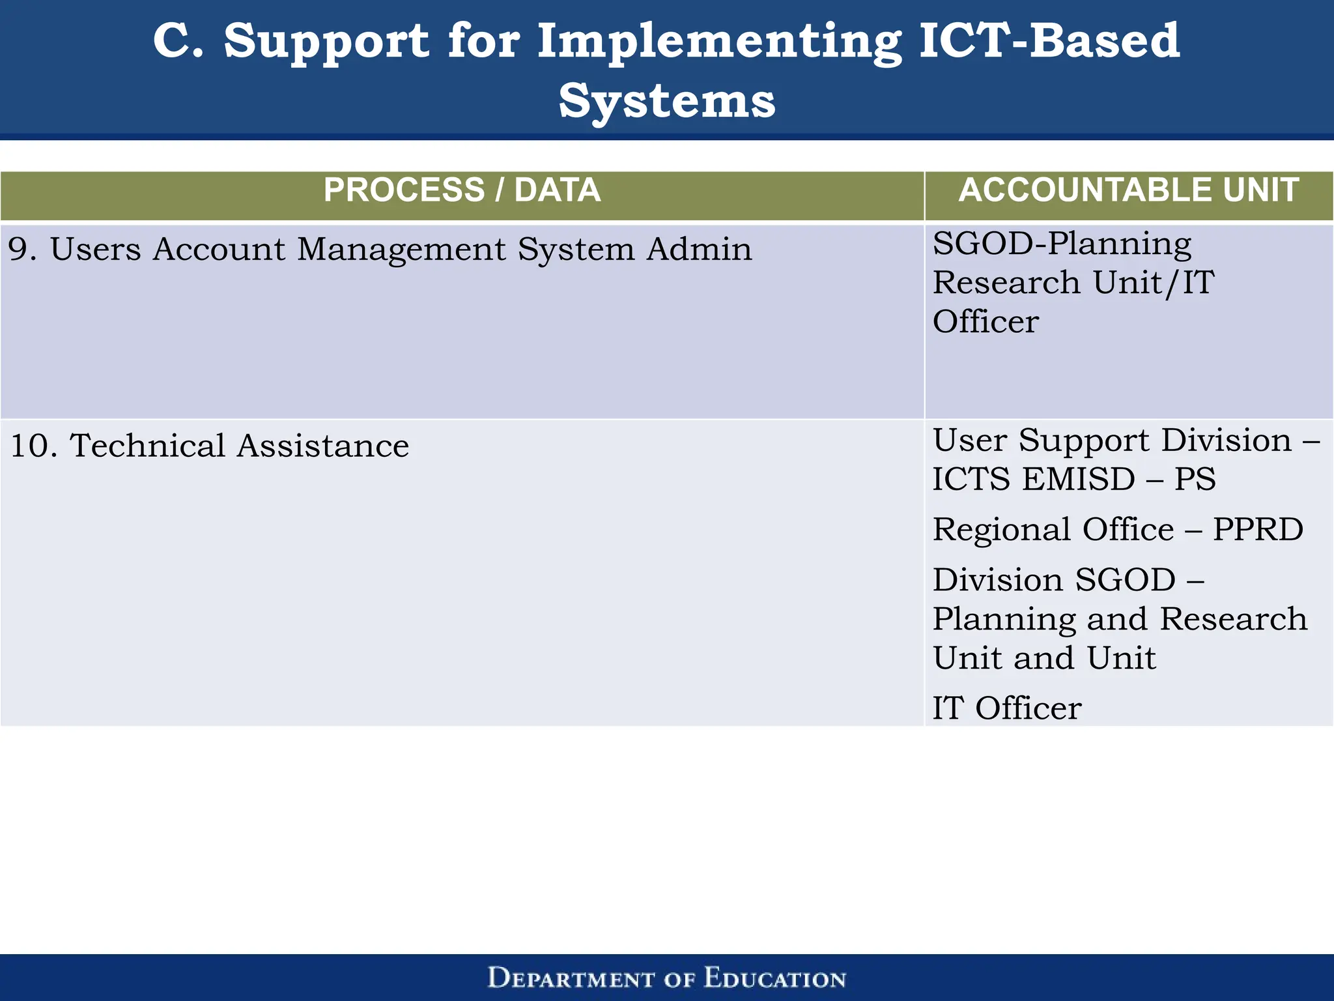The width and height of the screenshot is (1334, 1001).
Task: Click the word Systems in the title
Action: click(x=667, y=102)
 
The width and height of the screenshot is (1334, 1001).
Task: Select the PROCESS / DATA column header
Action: click(x=462, y=191)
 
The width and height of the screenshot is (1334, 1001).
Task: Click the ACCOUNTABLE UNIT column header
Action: click(x=1128, y=191)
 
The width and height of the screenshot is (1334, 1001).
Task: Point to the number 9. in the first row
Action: click(x=22, y=250)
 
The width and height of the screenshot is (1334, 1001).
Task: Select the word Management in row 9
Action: click(x=401, y=250)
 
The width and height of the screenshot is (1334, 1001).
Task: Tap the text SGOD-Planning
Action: click(x=1062, y=244)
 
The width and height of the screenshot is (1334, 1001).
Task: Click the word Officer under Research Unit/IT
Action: click(x=986, y=322)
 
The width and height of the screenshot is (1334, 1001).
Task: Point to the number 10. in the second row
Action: click(x=34, y=446)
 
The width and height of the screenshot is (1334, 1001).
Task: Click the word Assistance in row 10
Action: click(x=323, y=446)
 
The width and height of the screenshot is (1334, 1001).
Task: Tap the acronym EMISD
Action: click(x=1079, y=480)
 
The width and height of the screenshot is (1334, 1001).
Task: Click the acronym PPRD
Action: click(x=1257, y=529)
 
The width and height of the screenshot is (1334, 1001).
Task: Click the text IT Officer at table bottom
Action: click(x=1007, y=708)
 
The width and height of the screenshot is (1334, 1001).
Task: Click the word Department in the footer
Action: click(x=571, y=979)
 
